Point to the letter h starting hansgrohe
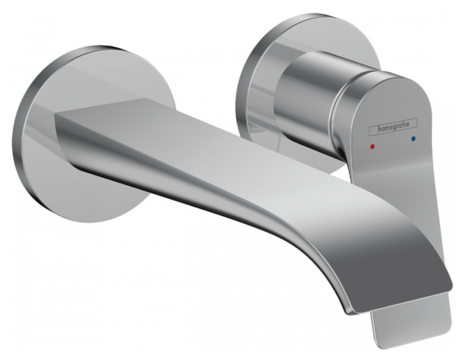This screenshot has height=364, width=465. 371,133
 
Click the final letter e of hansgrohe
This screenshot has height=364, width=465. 415,123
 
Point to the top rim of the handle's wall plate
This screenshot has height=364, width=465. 304,16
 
